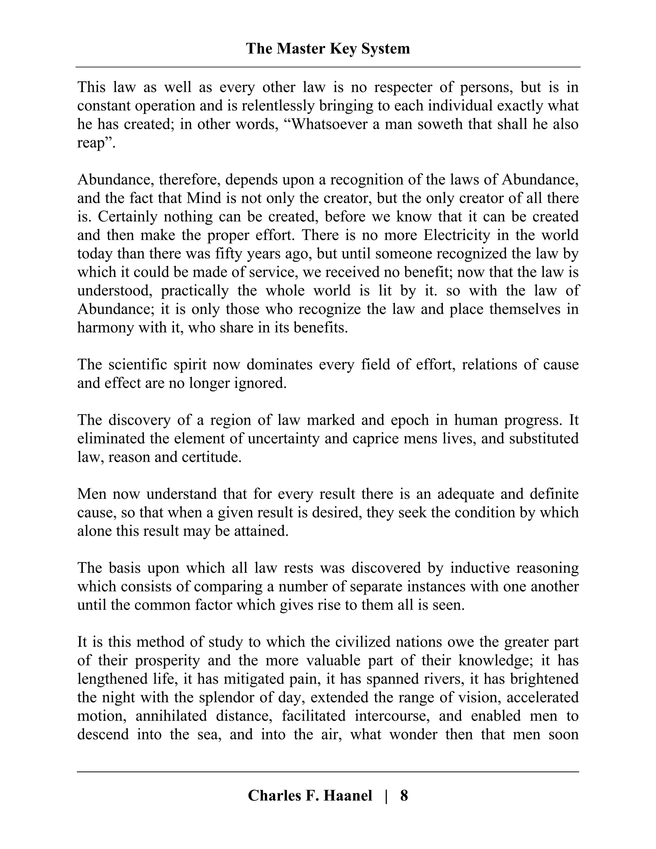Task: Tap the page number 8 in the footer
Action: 404,795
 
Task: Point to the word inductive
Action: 480,568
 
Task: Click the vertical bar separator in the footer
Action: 386,795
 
